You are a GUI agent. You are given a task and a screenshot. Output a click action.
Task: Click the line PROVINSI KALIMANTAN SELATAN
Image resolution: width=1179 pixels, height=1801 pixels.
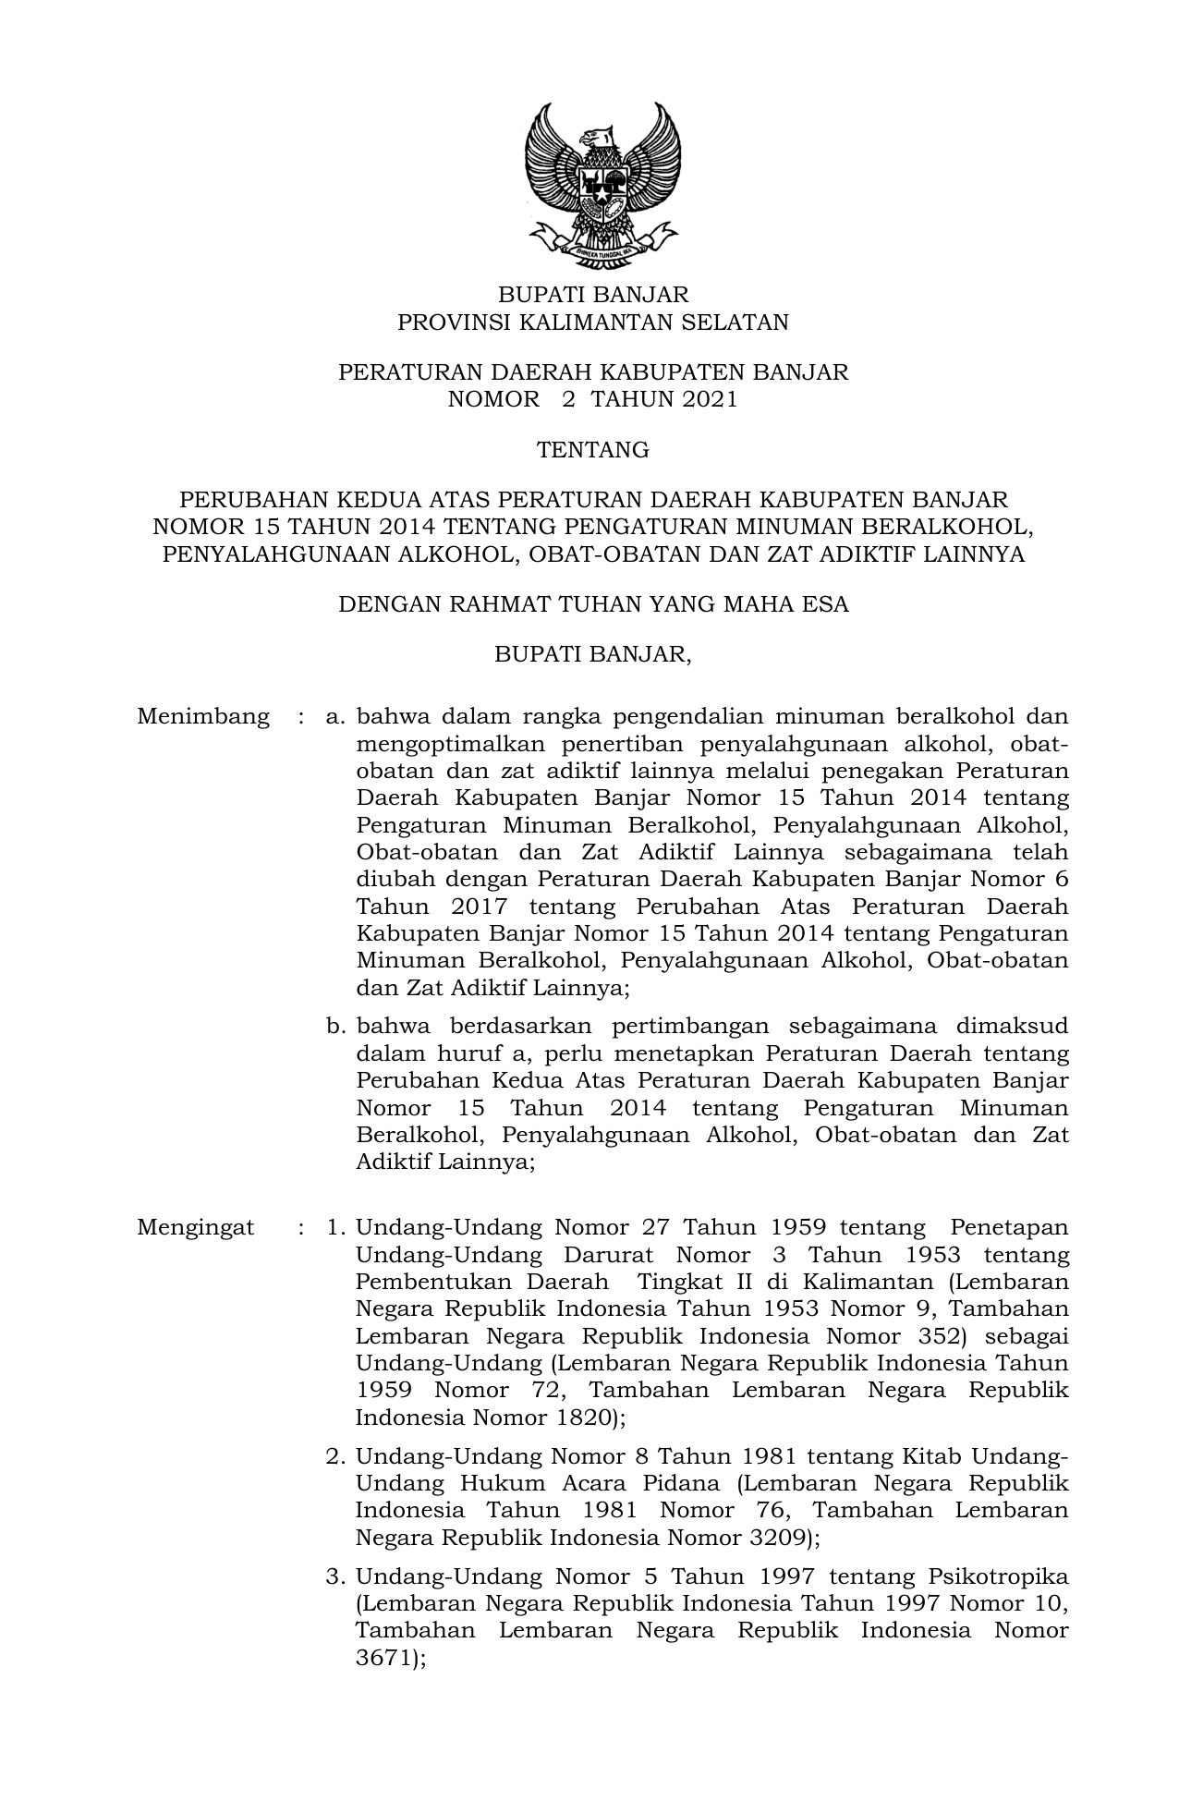(x=592, y=322)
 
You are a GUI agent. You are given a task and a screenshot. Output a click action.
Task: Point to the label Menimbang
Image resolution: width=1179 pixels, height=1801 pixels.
(x=203, y=717)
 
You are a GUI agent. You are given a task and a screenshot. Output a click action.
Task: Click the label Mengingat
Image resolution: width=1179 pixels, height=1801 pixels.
(x=195, y=1228)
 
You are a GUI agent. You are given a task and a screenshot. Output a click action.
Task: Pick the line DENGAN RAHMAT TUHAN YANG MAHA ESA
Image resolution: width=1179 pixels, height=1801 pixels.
(x=592, y=605)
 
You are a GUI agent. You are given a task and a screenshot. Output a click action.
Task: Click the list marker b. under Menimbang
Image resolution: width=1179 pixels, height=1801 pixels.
(x=336, y=1027)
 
